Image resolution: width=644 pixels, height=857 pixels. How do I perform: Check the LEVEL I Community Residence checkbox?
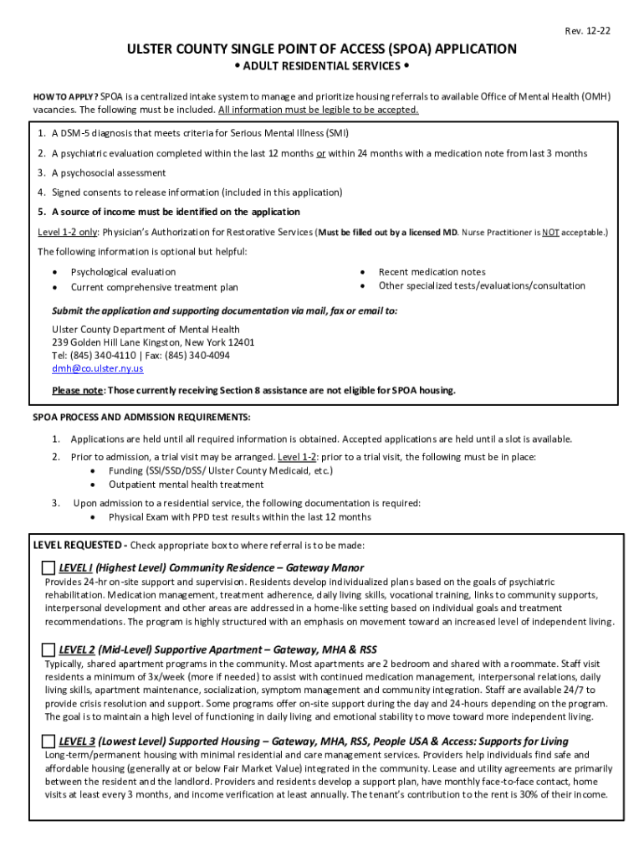[49, 568]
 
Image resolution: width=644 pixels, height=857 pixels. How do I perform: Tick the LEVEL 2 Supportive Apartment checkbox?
[49, 650]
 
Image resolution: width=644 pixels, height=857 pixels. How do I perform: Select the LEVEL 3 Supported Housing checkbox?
[49, 742]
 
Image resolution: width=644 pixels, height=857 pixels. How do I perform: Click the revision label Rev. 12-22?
[587, 32]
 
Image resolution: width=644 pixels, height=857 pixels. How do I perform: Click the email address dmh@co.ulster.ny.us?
[97, 368]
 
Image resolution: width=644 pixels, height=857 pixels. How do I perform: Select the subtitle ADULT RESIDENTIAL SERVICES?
[321, 67]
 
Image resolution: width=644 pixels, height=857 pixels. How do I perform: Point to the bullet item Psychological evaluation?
[123, 272]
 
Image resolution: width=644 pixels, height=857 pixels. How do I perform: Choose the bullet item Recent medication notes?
[432, 272]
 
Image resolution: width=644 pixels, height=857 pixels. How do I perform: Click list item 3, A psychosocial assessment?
[109, 173]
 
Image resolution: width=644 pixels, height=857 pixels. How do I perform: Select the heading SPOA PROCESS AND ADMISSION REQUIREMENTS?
[141, 418]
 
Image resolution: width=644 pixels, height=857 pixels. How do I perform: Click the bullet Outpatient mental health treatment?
[186, 485]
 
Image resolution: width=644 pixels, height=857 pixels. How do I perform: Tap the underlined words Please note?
[77, 391]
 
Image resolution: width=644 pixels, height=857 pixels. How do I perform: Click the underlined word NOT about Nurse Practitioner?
[549, 232]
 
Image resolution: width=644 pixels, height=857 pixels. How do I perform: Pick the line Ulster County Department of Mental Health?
[146, 330]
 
